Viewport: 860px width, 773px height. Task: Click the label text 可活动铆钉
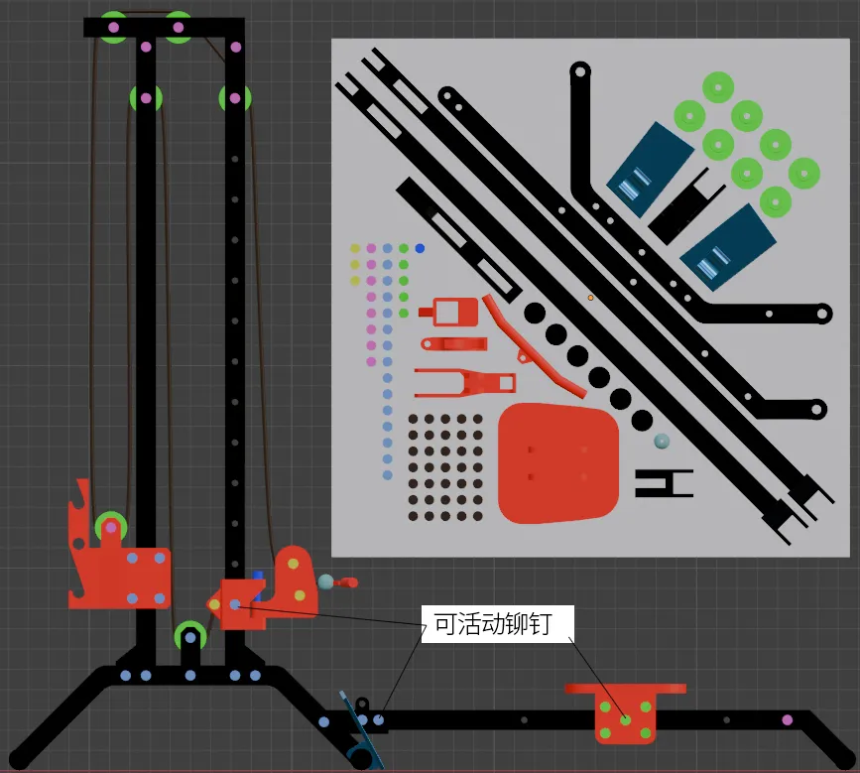pyautogui.click(x=493, y=624)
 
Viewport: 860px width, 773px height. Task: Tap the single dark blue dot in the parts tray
pyautogui.click(x=421, y=248)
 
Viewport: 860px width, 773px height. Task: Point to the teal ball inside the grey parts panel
pyautogui.click(x=662, y=442)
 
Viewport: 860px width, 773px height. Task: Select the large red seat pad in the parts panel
pyautogui.click(x=558, y=463)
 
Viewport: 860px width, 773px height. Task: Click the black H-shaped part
pyautogui.click(x=665, y=483)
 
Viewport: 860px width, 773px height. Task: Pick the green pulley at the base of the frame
pyautogui.click(x=190, y=637)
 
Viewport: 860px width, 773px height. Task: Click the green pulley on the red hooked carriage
pyautogui.click(x=111, y=528)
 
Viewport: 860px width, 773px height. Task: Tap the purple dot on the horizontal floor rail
pyautogui.click(x=787, y=719)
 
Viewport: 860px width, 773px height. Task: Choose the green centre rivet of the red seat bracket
pyautogui.click(x=625, y=719)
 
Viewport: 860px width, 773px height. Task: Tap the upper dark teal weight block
pyautogui.click(x=651, y=169)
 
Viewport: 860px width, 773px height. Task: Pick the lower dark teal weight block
pyautogui.click(x=728, y=248)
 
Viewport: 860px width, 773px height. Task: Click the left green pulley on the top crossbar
pyautogui.click(x=113, y=27)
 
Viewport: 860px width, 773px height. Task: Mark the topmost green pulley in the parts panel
pyautogui.click(x=718, y=87)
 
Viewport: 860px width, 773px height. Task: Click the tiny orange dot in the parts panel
pyautogui.click(x=591, y=298)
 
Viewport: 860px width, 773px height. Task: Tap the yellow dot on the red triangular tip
pyautogui.click(x=214, y=604)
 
